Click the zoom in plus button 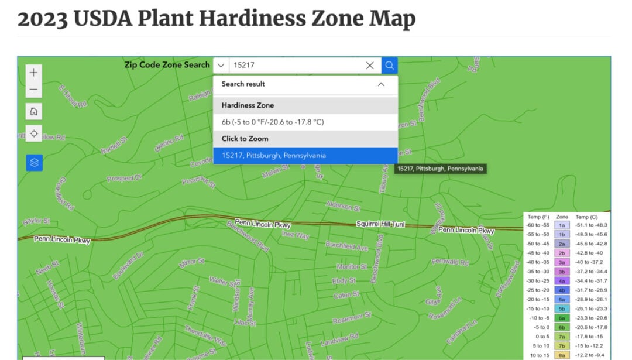[34, 73]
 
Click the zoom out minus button [34, 90]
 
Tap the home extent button [34, 111]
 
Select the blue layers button [34, 163]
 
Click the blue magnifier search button [390, 66]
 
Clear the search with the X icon [370, 66]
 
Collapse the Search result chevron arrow [381, 84]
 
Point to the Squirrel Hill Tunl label [380, 224]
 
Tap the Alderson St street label [343, 205]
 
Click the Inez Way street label [296, 235]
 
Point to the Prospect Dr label [125, 178]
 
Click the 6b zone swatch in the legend [562, 327]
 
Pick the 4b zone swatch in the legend [562, 290]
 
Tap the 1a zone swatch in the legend [562, 225]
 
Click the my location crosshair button [34, 133]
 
